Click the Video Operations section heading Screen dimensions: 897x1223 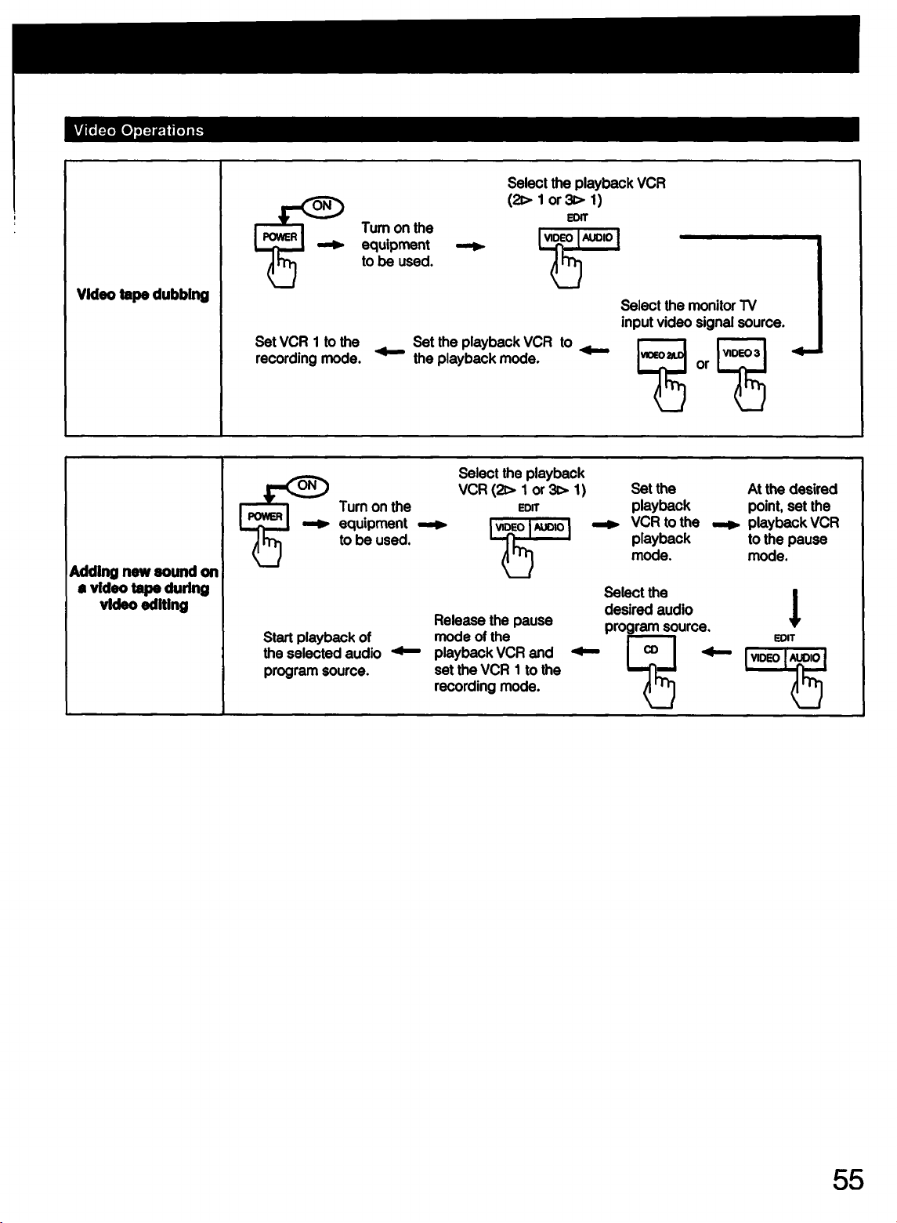point(139,130)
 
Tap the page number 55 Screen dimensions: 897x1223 point(848,1179)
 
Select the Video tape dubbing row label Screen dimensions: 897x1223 point(143,294)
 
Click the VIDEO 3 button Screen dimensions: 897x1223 point(742,355)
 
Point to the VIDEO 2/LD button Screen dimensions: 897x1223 point(662,356)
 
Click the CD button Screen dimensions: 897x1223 point(652,652)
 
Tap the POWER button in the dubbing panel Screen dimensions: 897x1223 point(280,238)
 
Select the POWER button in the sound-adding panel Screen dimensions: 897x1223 point(265,517)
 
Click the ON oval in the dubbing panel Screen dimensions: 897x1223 point(323,206)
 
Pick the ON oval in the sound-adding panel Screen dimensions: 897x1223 point(307,486)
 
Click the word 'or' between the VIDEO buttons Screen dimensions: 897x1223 point(702,365)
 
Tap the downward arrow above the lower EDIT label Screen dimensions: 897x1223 point(795,608)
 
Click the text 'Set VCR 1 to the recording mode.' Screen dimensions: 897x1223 point(309,350)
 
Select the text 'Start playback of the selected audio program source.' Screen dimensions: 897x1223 point(322,654)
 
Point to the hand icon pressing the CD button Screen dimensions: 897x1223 point(660,686)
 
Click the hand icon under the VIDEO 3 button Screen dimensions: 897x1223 point(750,389)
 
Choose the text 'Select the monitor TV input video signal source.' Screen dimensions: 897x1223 point(703,314)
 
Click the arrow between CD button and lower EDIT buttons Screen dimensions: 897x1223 point(716,651)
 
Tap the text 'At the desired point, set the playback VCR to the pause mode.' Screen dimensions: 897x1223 point(794,522)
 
